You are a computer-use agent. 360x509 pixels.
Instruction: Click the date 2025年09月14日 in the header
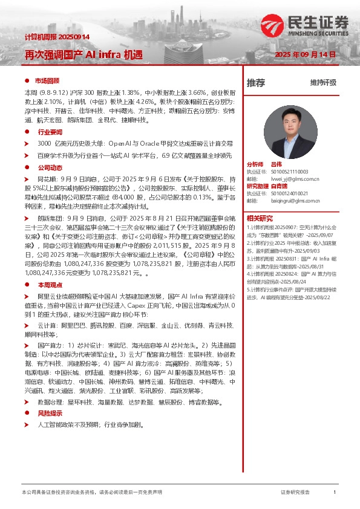click(305, 54)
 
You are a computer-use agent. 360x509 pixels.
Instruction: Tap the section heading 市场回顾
click(47, 80)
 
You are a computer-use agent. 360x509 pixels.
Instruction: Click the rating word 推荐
click(256, 83)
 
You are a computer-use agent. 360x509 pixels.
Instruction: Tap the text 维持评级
click(322, 83)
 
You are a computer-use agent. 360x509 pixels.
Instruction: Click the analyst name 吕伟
click(277, 164)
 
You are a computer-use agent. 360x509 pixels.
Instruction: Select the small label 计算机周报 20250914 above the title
click(57, 37)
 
